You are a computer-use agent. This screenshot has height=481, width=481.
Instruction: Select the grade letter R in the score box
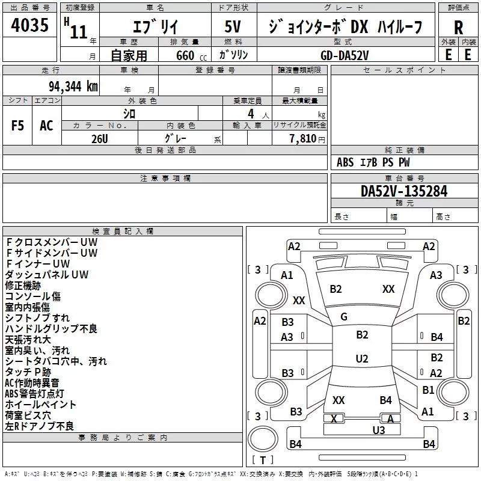458,28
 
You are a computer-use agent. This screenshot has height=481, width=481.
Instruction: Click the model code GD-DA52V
345,54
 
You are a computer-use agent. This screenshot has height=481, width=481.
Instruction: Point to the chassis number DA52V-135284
404,191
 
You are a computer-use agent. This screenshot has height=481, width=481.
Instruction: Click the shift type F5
18,126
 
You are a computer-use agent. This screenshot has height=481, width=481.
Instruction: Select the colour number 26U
100,138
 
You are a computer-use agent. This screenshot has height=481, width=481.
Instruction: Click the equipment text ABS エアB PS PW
373,162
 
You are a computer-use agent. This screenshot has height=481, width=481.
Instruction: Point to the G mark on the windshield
344,317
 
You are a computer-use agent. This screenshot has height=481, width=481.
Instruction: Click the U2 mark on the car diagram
361,359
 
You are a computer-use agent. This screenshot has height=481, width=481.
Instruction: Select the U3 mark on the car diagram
378,430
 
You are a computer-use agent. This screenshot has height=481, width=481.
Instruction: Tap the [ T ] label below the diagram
262,460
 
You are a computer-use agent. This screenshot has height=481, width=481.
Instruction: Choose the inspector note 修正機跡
23,286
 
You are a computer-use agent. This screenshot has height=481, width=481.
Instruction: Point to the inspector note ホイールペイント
41,404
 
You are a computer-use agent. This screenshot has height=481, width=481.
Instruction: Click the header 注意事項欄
165,179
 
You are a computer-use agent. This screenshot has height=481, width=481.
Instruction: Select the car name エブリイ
154,28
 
